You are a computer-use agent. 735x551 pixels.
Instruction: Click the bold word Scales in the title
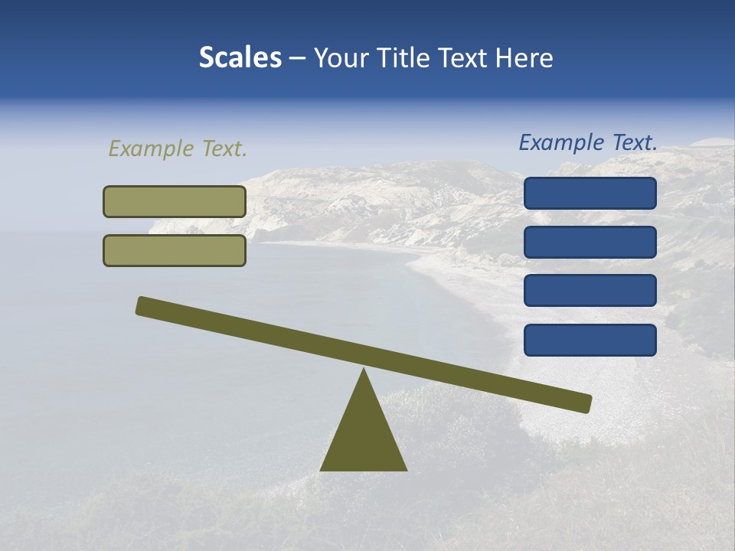[x=240, y=58]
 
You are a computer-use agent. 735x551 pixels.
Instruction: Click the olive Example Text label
[x=178, y=148]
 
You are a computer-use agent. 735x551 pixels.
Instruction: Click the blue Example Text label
[x=588, y=142]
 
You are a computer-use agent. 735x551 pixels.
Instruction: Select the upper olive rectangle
[x=175, y=201]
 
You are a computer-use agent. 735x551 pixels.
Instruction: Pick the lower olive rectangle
[x=175, y=250]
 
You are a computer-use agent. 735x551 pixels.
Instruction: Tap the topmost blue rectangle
[x=590, y=193]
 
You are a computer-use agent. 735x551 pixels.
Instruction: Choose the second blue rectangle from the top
[x=590, y=242]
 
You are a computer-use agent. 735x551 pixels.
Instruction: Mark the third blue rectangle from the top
[x=590, y=291]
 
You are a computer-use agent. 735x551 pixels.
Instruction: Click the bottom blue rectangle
[x=590, y=340]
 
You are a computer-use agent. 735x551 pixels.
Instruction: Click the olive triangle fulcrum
[x=364, y=436]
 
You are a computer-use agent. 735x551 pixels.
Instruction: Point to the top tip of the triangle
[x=364, y=370]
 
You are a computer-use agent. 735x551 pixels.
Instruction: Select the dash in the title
[x=298, y=59]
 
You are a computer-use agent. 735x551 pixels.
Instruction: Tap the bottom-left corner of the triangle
[x=322, y=469]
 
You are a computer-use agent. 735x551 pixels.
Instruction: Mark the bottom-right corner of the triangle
[x=406, y=469]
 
